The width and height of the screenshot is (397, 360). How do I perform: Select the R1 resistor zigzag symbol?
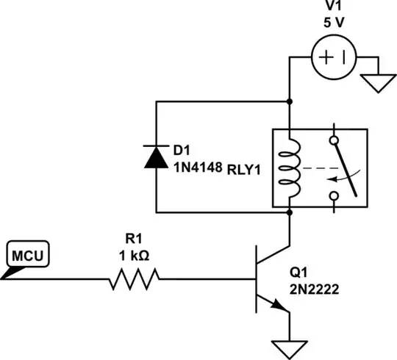tap(135, 279)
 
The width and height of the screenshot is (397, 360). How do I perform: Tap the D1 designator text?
tap(181, 151)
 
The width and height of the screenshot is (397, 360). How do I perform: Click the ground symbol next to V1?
tap(380, 84)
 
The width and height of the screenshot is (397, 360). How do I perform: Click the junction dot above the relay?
tap(290, 101)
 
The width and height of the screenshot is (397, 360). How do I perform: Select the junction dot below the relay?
tap(290, 213)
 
